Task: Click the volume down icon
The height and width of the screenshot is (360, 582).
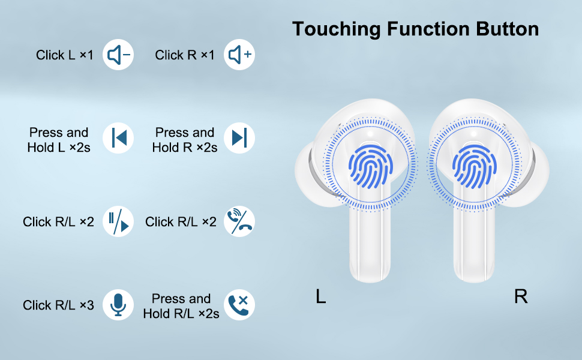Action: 118,55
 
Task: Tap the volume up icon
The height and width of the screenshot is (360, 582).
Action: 239,55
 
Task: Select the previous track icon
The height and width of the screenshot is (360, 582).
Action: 118,138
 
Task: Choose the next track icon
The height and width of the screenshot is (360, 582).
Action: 239,138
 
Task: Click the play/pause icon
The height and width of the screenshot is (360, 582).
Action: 118,221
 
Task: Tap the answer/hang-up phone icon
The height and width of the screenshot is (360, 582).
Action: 239,221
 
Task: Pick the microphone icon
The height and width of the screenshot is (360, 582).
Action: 118,305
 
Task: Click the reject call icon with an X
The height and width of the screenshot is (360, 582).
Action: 239,305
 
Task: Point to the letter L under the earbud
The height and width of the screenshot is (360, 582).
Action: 321,296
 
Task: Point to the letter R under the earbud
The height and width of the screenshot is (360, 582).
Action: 521,296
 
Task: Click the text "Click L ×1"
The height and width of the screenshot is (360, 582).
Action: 65,55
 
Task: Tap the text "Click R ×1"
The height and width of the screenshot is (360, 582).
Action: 184,55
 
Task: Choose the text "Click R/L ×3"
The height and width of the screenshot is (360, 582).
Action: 58,305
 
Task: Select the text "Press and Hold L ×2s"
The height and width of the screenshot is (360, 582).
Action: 59,140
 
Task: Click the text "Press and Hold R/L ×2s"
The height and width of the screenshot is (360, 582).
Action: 181,306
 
